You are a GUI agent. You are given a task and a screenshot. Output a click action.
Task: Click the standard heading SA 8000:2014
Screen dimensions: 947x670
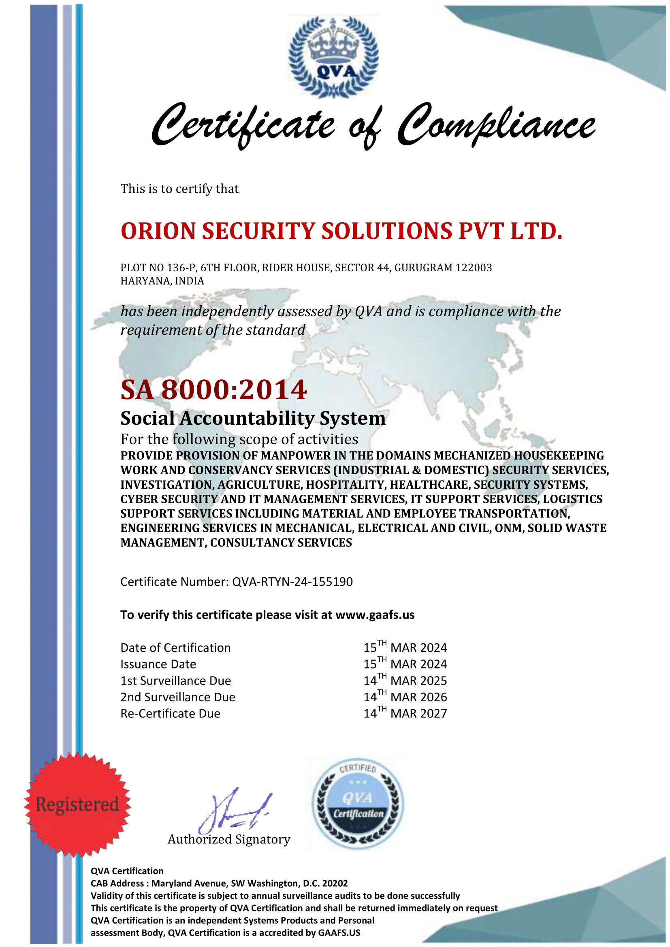[213, 390]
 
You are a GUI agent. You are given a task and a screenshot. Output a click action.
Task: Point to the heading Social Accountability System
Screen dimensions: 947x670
[253, 418]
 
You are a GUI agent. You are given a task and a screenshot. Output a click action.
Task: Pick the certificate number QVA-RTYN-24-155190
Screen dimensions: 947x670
[292, 582]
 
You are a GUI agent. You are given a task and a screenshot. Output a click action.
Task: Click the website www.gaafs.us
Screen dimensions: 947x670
[375, 615]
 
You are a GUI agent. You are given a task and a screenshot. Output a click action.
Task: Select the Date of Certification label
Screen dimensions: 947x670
[175, 648]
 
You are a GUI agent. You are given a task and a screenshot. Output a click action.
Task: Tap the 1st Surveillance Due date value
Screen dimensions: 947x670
[405, 681]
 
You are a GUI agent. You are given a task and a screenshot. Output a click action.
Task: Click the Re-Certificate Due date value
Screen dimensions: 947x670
[405, 713]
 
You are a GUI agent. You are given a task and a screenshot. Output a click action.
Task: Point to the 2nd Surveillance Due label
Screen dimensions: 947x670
[178, 697]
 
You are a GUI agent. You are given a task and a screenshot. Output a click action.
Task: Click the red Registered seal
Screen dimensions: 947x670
[77, 804]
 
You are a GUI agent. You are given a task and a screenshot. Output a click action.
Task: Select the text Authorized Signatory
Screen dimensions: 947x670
[229, 839]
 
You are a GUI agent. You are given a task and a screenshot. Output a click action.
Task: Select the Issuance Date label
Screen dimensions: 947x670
[158, 664]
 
